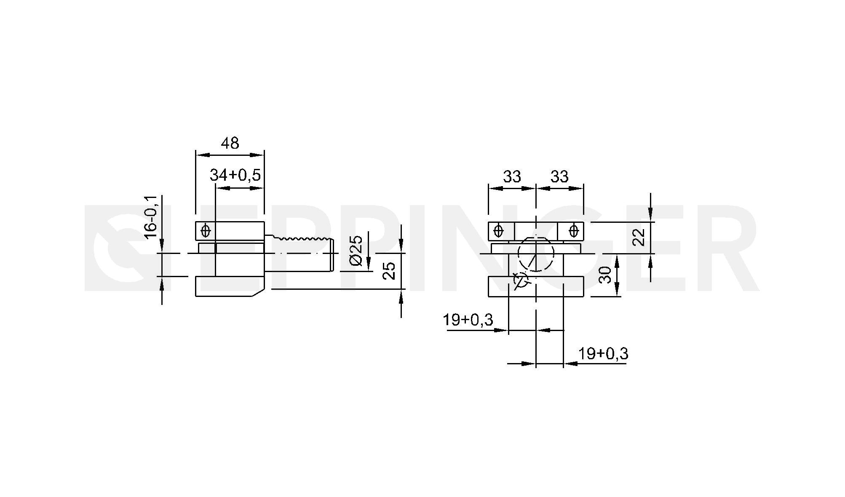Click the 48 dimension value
click(230, 143)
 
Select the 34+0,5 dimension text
click(235, 175)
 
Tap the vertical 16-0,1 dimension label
click(150, 217)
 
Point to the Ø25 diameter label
click(356, 251)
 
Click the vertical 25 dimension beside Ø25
click(390, 270)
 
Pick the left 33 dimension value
click(512, 176)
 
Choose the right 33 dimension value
click(559, 176)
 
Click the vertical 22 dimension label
click(639, 237)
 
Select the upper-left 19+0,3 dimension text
click(468, 320)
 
